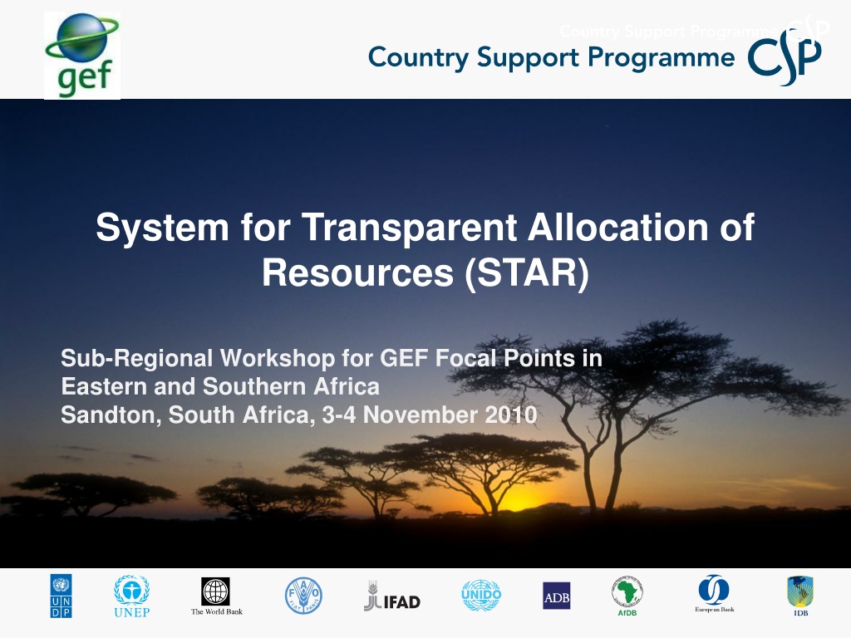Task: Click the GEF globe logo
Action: click(x=82, y=56)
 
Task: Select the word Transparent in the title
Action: click(x=409, y=227)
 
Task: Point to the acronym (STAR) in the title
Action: click(x=526, y=272)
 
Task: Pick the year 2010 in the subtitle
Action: click(x=511, y=415)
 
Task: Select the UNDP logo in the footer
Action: click(x=61, y=596)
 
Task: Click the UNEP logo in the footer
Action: click(x=132, y=596)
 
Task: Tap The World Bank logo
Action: click(x=217, y=596)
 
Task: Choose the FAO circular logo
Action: click(x=303, y=596)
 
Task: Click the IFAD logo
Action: click(x=392, y=596)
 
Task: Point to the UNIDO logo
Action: click(x=481, y=595)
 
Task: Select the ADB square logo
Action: click(x=556, y=596)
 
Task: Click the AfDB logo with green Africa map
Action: click(x=627, y=596)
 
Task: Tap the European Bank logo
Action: click(x=714, y=594)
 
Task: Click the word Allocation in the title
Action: click(x=618, y=227)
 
